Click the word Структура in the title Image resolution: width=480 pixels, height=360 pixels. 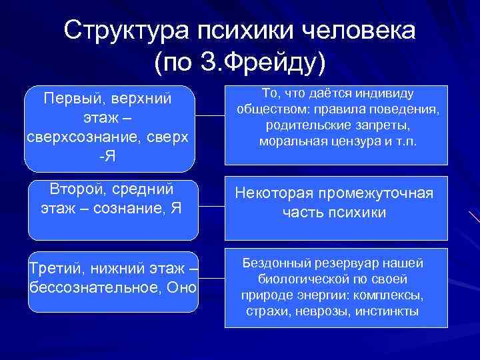125,31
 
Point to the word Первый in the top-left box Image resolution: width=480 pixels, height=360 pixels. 69,99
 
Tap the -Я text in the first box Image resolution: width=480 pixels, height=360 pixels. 107,155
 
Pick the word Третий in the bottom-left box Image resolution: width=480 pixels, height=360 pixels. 55,269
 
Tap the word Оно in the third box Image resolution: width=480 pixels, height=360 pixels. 183,287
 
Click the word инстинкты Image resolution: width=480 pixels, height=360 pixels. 387,311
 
